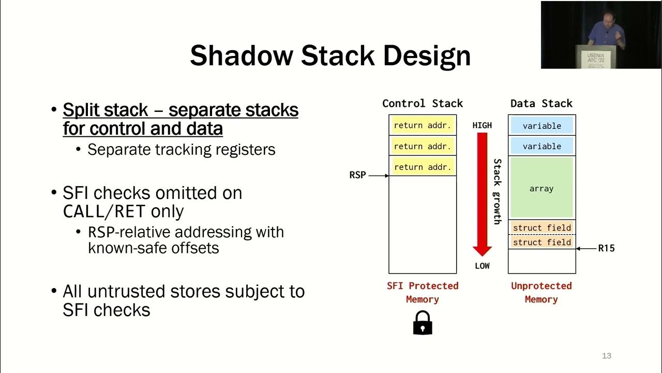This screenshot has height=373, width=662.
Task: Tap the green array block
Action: [541, 188]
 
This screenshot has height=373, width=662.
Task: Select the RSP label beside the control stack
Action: [357, 175]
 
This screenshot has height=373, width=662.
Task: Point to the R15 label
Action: [606, 249]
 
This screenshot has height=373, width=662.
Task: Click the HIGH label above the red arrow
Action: [482, 125]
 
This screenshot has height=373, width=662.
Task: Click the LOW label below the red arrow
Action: [482, 266]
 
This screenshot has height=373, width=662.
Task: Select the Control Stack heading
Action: [423, 103]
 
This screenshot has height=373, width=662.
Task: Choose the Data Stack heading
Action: [541, 103]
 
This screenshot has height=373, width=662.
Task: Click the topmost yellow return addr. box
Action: [423, 125]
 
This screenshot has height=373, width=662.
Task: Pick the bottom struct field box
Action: [541, 242]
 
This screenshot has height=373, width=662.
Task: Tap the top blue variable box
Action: [541, 126]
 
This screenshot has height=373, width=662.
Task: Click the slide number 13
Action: [607, 356]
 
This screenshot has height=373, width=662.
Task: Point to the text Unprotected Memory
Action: [541, 292]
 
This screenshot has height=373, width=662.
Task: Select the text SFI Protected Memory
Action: [423, 292]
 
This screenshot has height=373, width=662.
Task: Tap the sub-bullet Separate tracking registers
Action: [181, 150]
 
